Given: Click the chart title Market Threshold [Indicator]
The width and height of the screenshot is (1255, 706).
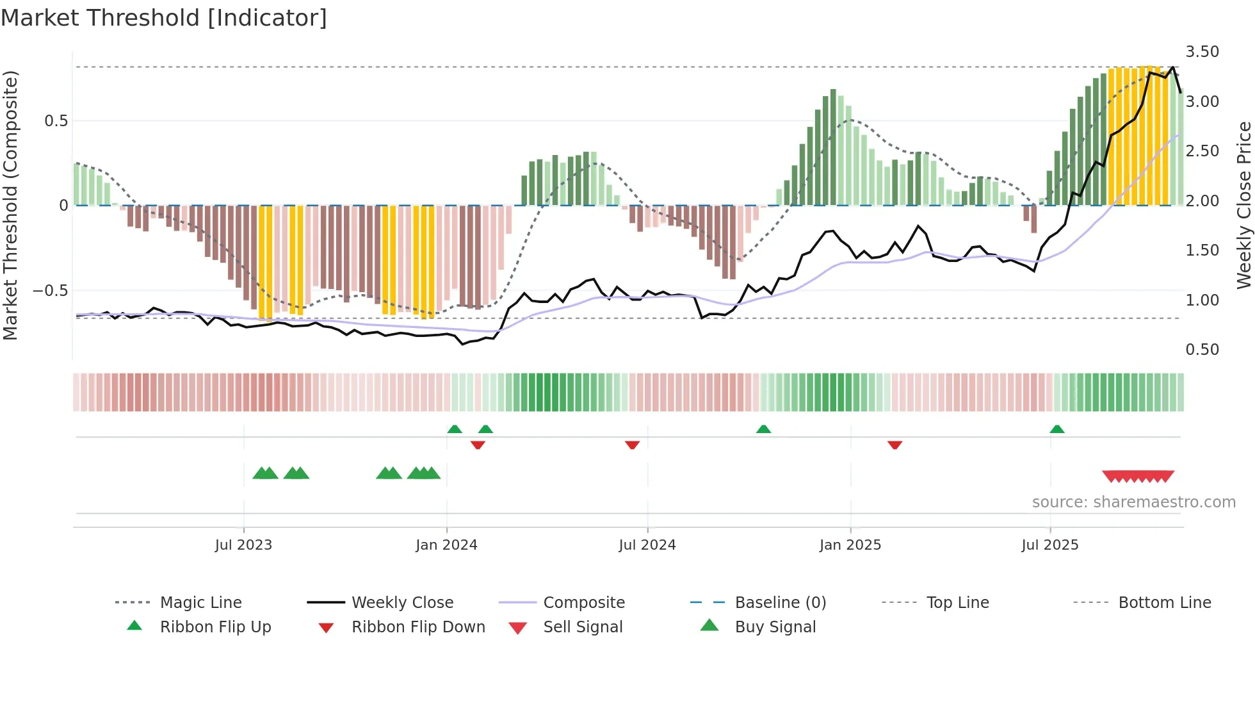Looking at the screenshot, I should (164, 18).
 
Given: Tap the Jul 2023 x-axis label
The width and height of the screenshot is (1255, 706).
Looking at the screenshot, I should (243, 545).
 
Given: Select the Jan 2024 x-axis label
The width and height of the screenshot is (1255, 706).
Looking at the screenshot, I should (446, 545).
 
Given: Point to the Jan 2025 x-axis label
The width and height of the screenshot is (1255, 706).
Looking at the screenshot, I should (850, 545).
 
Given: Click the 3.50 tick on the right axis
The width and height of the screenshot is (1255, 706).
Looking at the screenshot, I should (1202, 52).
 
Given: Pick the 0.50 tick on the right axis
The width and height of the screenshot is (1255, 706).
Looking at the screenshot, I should (1202, 350).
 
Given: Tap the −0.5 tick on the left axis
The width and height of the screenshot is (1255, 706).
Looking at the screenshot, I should (51, 291).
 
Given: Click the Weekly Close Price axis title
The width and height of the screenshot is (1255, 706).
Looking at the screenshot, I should (1243, 205).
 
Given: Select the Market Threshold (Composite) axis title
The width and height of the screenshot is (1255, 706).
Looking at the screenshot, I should (11, 205).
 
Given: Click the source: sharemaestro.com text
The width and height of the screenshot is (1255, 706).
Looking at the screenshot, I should (1133, 502).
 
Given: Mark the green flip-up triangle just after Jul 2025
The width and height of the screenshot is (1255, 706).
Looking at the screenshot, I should (1057, 429).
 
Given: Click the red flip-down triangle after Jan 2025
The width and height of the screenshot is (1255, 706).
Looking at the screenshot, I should (895, 445).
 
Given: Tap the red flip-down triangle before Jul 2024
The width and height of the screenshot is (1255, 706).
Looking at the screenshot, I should (632, 445).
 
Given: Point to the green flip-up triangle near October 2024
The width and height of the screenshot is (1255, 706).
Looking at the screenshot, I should (763, 429).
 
